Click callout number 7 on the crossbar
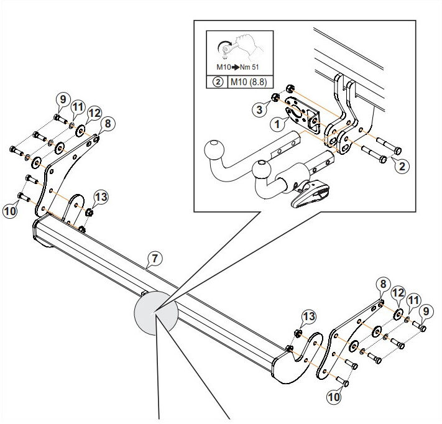[x=155, y=259]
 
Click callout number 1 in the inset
[x=277, y=124]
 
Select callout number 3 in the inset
[x=259, y=109]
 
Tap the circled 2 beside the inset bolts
[x=402, y=167]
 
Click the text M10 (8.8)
[x=248, y=82]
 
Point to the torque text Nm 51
[x=249, y=67]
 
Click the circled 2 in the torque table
[x=218, y=82]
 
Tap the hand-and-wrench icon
[x=240, y=46]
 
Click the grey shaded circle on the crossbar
[x=156, y=313]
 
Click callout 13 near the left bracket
[x=101, y=197]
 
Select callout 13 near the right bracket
[x=309, y=316]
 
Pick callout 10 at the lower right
[x=334, y=397]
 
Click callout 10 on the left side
[x=10, y=211]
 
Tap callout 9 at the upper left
[x=63, y=99]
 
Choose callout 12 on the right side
[x=398, y=293]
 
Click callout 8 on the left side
[x=108, y=123]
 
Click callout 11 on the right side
[x=413, y=300]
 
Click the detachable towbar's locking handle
[x=310, y=193]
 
